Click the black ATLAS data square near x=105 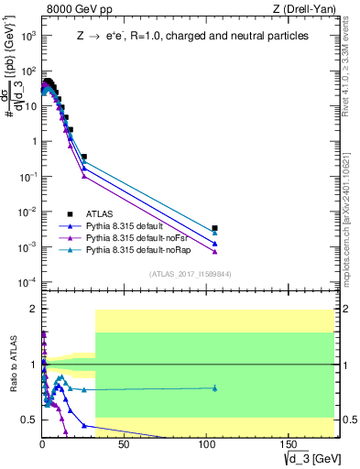[x=214, y=228]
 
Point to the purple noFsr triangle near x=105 [x=214, y=252]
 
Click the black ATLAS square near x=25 [x=84, y=157]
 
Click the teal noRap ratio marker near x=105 [x=214, y=388]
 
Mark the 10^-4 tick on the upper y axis [x=27, y=281]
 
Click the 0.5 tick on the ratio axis [x=28, y=420]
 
